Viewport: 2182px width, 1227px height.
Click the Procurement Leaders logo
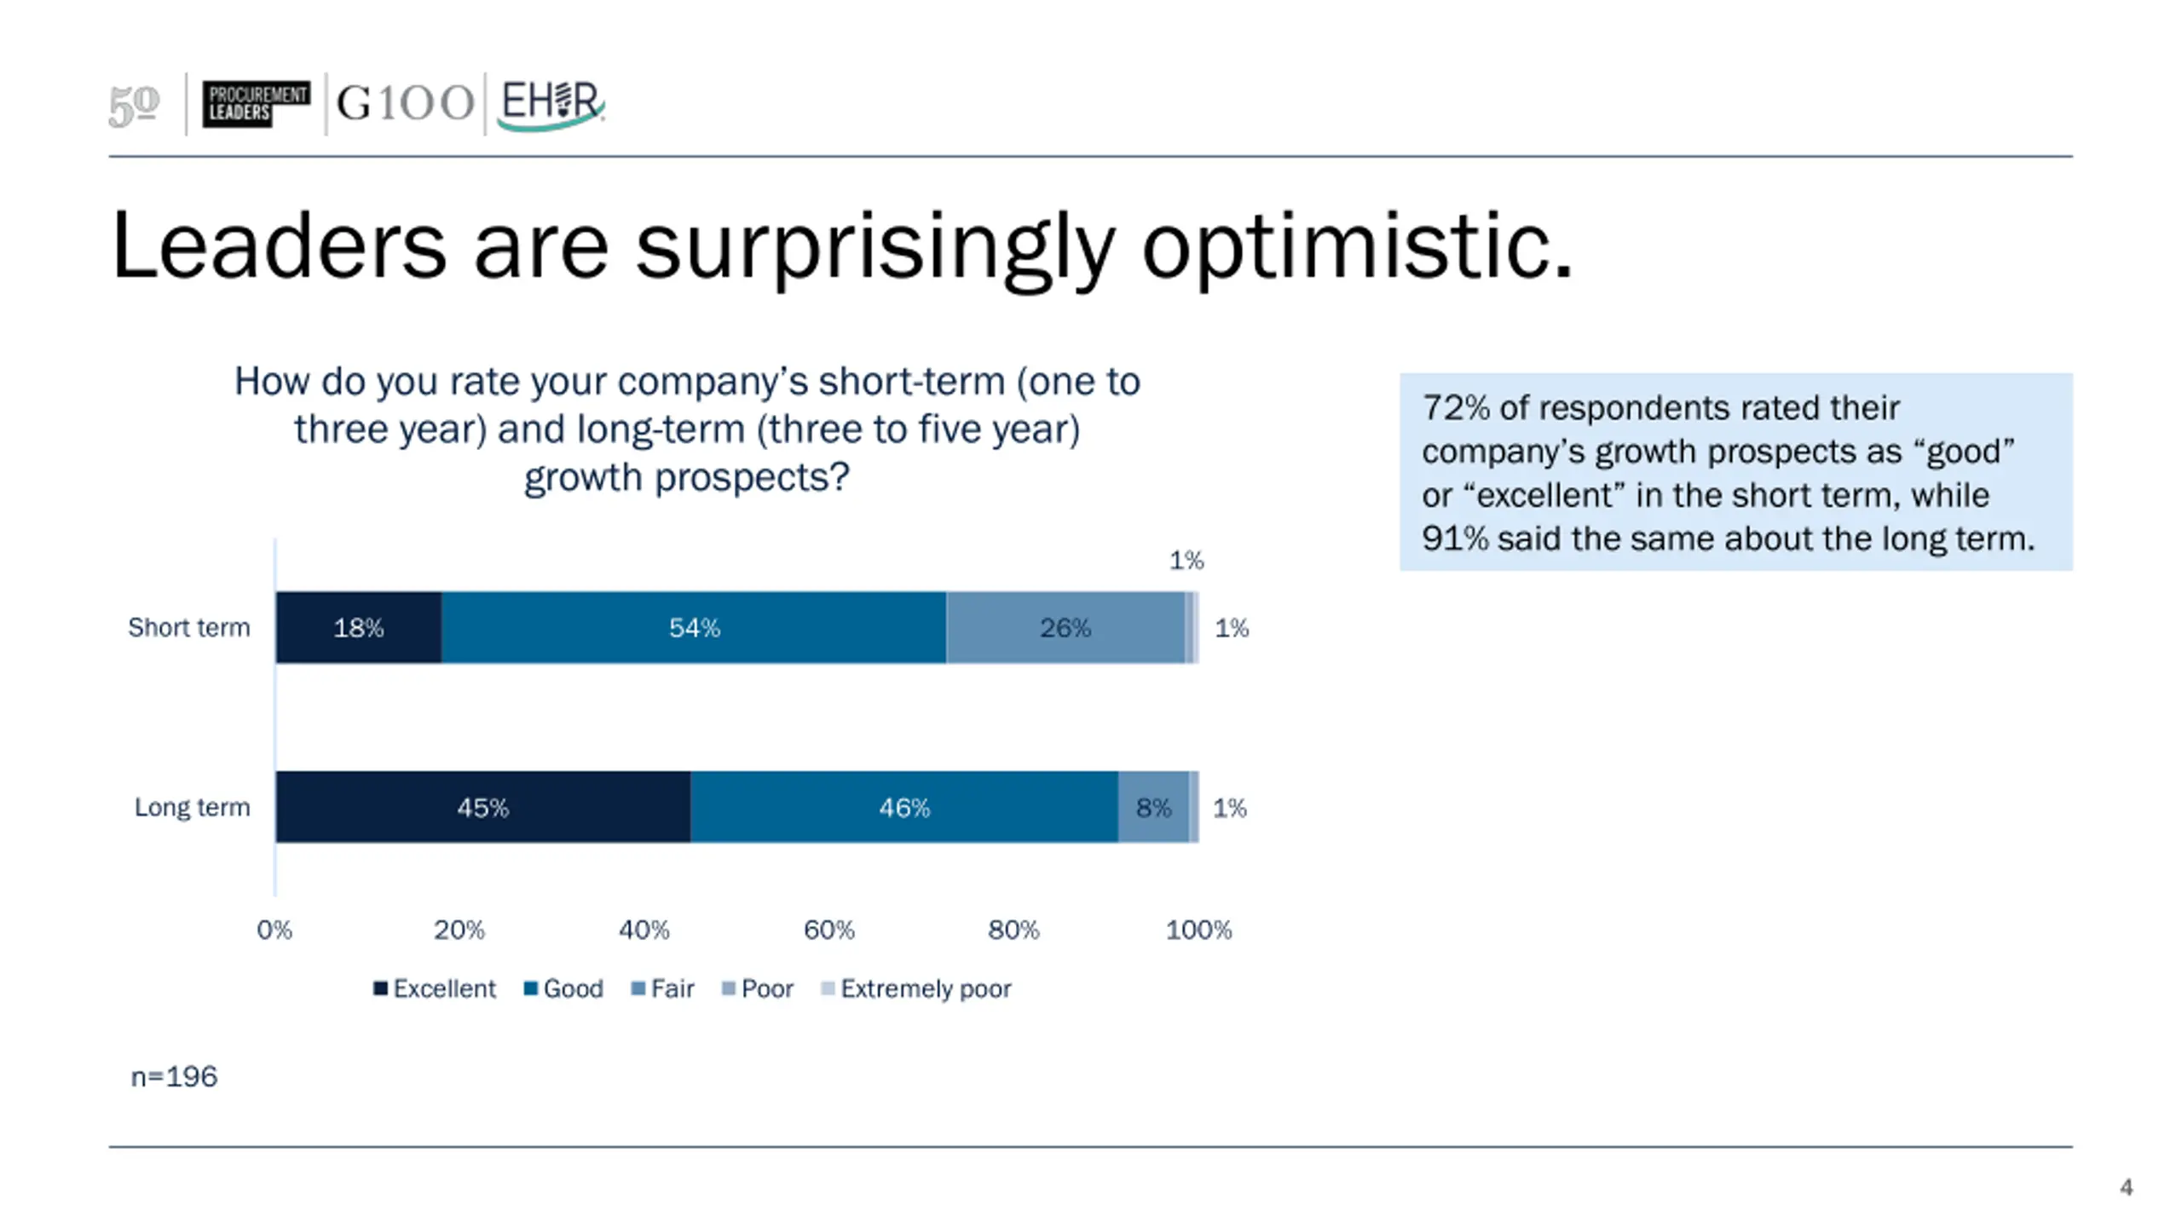tap(256, 103)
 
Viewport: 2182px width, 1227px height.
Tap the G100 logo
tap(405, 103)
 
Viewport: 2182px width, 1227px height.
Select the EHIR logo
tap(550, 103)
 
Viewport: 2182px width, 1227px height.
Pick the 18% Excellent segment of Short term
tap(358, 628)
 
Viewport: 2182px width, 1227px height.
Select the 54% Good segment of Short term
tap(694, 628)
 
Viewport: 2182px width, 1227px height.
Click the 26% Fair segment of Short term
tap(1065, 628)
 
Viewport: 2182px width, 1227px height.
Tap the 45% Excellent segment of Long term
tap(482, 808)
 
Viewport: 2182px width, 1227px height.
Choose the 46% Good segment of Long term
tap(903, 808)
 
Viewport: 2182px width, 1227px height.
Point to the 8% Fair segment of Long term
tap(1153, 808)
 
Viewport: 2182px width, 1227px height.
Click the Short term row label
tap(189, 628)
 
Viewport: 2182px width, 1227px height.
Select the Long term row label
tap(193, 808)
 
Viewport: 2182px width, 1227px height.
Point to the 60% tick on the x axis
tap(828, 930)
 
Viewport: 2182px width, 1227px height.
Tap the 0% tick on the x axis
tap(274, 930)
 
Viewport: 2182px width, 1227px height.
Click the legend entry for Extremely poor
tap(916, 988)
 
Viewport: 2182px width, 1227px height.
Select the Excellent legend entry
tap(435, 988)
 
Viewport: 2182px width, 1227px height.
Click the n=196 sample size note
tap(174, 1077)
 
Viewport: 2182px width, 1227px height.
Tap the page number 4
tap(2127, 1188)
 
